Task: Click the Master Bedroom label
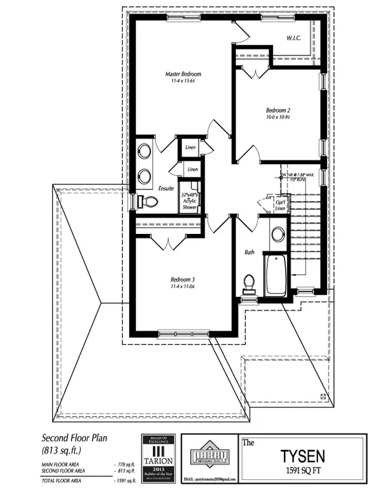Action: coord(183,75)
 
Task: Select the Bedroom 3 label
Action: coord(183,279)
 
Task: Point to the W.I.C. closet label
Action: coord(295,39)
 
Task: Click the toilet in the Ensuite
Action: coord(148,202)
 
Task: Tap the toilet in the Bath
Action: coord(249,284)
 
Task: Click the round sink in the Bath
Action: coord(278,234)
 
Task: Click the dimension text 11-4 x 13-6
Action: coord(183,82)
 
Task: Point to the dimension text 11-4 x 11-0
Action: coord(183,287)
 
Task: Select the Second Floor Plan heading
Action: coord(74,438)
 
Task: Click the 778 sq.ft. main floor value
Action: coord(123,464)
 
